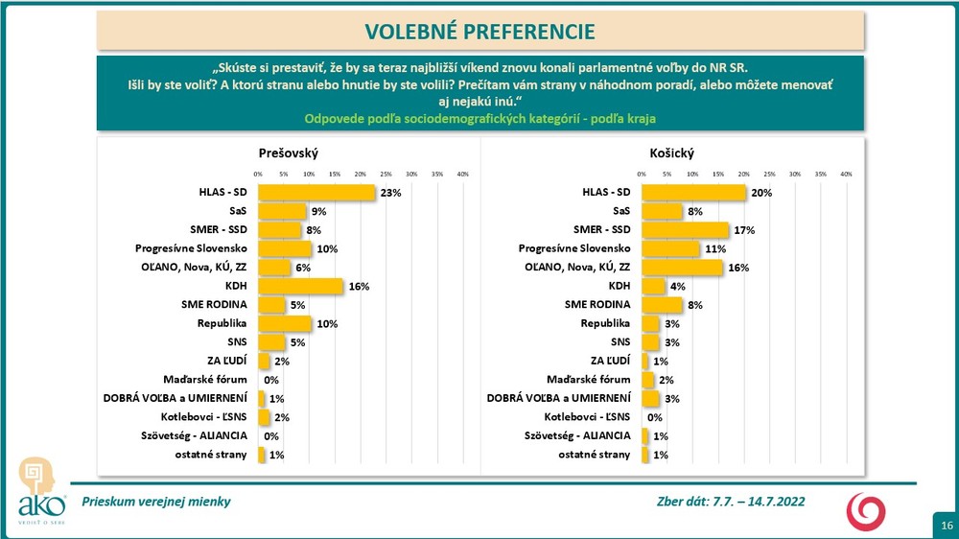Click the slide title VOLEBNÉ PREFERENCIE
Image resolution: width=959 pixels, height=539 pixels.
479,31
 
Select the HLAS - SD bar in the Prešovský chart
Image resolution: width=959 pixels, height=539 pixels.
316,193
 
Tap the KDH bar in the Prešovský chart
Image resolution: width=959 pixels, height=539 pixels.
299,286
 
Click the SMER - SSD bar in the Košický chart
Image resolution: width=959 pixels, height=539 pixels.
685,230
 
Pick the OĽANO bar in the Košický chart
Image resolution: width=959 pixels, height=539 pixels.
682,268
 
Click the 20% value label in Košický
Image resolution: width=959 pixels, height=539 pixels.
760,193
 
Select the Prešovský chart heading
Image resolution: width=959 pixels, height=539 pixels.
288,153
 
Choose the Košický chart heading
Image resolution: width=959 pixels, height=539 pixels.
671,153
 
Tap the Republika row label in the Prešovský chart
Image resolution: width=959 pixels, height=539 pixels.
223,323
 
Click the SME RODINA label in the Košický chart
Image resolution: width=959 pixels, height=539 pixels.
598,305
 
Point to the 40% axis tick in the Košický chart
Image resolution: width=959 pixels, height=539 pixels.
846,174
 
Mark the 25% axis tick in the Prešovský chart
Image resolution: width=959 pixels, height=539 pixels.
386,174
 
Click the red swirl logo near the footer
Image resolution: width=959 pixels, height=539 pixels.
865,511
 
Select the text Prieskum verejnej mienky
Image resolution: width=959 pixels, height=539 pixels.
156,502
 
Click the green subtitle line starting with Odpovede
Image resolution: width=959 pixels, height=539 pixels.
479,118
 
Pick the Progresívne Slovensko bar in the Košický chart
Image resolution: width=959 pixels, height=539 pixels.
670,248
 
